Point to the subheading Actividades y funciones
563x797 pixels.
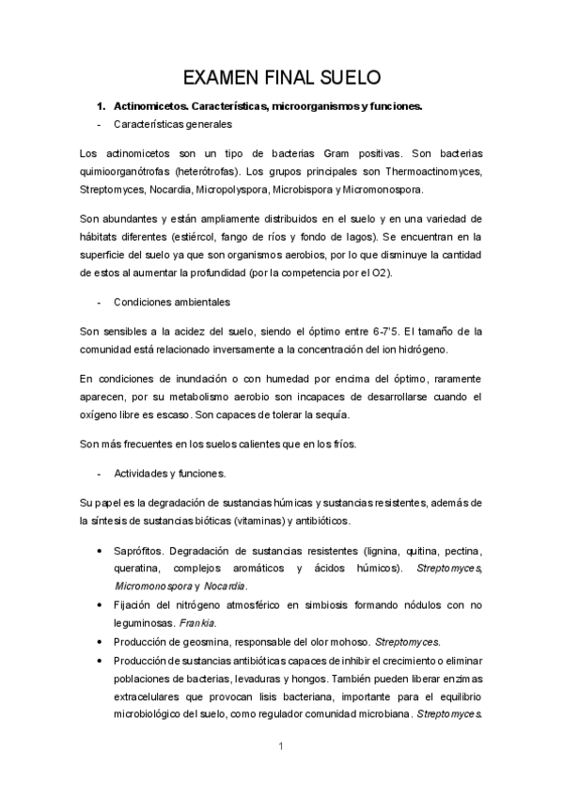tap(168, 473)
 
